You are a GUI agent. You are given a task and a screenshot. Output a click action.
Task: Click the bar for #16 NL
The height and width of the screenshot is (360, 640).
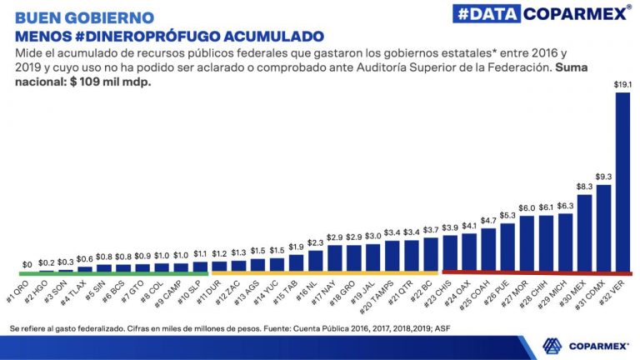tap(316, 260)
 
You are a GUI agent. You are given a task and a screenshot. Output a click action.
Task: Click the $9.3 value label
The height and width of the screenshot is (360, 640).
tap(603, 177)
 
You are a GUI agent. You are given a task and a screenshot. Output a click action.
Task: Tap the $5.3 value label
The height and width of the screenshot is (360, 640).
tap(507, 214)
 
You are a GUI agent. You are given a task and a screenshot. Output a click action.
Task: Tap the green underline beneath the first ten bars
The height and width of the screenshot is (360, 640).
tap(112, 272)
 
